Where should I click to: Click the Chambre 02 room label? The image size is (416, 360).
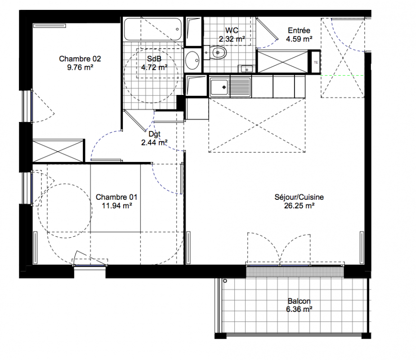point(80,58)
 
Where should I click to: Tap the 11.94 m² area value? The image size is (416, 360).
point(117,206)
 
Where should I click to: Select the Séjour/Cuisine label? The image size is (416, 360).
point(299,197)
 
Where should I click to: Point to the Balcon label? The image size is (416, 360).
point(299,301)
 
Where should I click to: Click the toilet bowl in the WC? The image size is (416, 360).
point(218,52)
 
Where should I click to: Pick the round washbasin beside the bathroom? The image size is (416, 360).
point(192,60)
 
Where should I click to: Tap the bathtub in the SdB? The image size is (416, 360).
point(153,29)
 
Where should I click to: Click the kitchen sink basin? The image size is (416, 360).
point(219,87)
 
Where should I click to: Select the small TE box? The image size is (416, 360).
point(316,63)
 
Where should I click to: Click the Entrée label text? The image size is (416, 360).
point(299,31)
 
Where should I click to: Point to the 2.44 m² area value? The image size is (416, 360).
point(154,143)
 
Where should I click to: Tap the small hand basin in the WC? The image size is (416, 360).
point(246,69)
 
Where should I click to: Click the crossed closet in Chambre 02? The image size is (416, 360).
point(58,151)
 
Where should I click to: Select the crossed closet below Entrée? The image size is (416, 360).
point(283,62)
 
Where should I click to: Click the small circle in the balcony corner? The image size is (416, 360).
point(225,281)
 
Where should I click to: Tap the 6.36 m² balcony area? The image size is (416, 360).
point(299,309)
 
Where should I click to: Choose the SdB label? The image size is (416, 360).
point(154,58)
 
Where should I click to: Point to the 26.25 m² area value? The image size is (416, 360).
point(299,206)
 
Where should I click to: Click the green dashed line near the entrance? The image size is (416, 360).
point(342,76)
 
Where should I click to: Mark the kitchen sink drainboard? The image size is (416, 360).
point(240,87)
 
